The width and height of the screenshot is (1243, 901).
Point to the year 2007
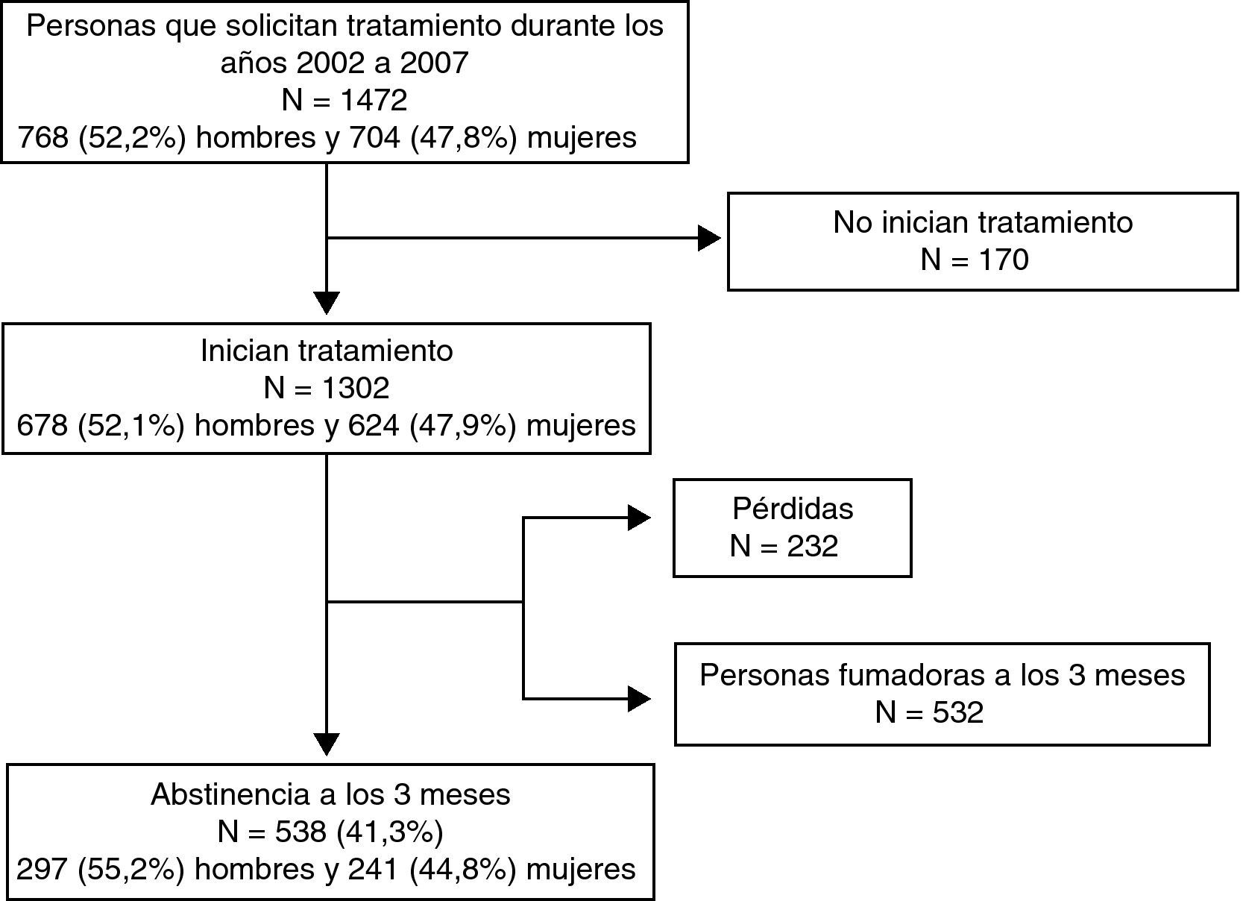click(x=434, y=63)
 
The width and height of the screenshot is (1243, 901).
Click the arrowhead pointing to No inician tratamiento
click(x=709, y=239)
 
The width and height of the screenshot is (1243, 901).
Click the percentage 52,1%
click(x=131, y=425)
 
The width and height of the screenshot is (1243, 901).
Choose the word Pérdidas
click(x=793, y=509)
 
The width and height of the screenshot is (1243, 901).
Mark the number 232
click(x=813, y=546)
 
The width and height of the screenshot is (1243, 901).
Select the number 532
click(x=958, y=712)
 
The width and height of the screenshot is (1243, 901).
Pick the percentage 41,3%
click(x=390, y=832)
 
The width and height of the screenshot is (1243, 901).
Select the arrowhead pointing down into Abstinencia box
click(x=327, y=744)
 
